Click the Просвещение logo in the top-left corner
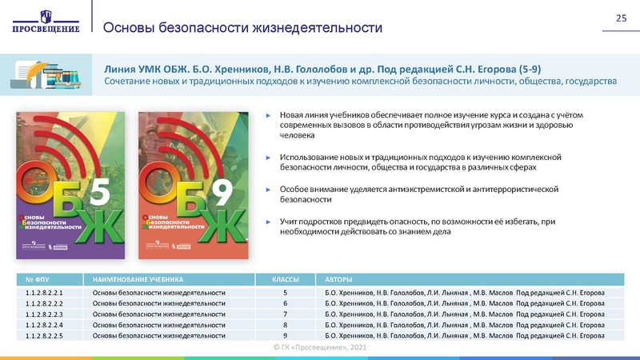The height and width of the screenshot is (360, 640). click(x=46, y=21)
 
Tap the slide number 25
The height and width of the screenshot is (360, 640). click(x=619, y=18)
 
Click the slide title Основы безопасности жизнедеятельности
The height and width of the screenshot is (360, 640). click(x=243, y=28)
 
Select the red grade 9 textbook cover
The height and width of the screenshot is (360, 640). click(x=189, y=175)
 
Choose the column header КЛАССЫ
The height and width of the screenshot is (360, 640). click(x=286, y=279)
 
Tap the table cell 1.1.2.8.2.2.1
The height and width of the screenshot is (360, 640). click(x=44, y=294)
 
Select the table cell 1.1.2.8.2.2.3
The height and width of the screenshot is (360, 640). click(x=44, y=315)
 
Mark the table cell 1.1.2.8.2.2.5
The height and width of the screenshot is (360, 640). click(x=44, y=336)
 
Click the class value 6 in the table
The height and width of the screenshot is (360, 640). click(x=286, y=304)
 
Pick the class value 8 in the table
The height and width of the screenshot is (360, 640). click(x=286, y=326)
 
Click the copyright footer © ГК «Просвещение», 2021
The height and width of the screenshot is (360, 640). click(x=320, y=348)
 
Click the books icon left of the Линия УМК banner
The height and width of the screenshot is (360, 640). click(x=46, y=72)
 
